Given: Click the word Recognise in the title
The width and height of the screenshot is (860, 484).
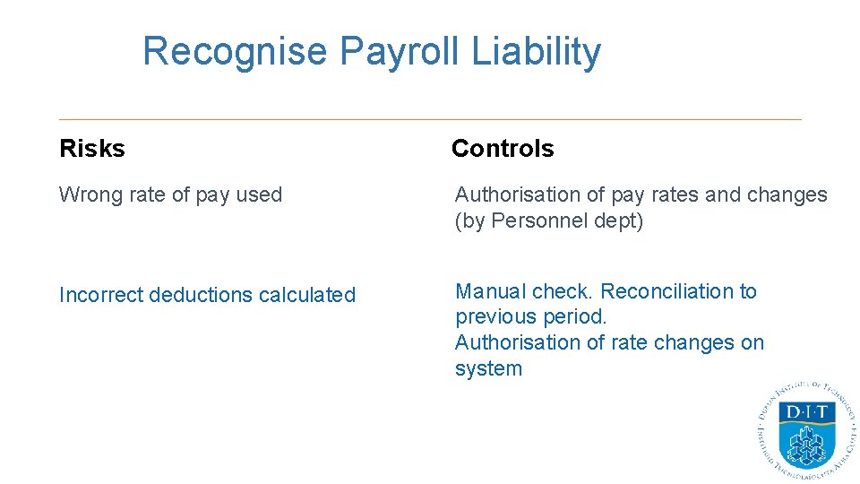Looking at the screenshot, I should (235, 52).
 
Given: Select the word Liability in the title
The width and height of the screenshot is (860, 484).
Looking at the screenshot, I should (536, 52).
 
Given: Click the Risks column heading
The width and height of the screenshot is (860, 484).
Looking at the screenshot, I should (92, 149).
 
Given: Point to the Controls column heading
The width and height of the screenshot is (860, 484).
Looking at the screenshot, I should (503, 149).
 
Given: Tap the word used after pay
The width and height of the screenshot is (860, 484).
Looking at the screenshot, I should (259, 195).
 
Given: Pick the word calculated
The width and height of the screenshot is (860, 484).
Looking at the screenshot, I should (309, 295).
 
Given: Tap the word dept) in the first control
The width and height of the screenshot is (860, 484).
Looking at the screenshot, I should (618, 220).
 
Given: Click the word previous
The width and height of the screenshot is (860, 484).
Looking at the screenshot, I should (494, 316).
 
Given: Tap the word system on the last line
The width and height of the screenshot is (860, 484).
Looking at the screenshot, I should (488, 368).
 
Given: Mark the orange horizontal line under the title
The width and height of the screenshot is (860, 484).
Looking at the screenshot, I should (430, 119).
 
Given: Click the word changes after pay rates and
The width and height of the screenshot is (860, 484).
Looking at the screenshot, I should (788, 194).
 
